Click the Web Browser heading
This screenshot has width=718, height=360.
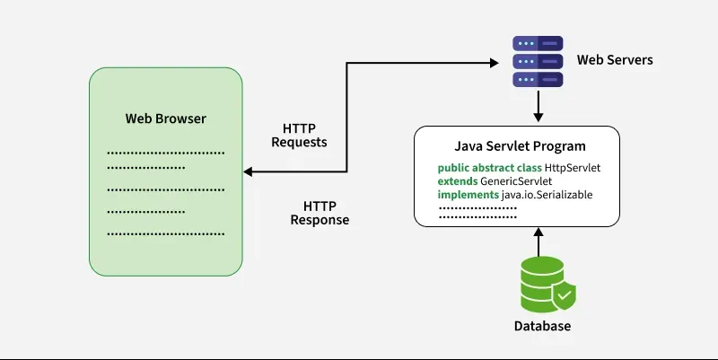pyautogui.click(x=165, y=119)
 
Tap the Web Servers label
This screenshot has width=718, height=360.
pyautogui.click(x=614, y=60)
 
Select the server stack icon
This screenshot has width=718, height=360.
pyautogui.click(x=537, y=61)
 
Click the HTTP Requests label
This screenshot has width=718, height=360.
pyautogui.click(x=299, y=135)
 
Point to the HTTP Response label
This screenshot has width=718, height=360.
pyautogui.click(x=320, y=213)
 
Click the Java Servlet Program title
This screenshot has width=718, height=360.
pyautogui.click(x=520, y=145)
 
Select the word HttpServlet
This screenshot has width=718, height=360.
pyautogui.click(x=566, y=168)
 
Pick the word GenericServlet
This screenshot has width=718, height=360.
pyautogui.click(x=516, y=181)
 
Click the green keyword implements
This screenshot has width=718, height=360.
pyautogui.click(x=468, y=195)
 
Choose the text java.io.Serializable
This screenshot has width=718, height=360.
pyautogui.click(x=547, y=195)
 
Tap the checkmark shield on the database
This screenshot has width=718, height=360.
pyautogui.click(x=564, y=294)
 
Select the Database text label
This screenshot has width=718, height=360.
pyautogui.click(x=542, y=326)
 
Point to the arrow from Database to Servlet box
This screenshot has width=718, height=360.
pyautogui.click(x=538, y=242)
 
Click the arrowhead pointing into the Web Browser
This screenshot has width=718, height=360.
pyautogui.click(x=249, y=172)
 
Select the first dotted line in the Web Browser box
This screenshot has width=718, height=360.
pyautogui.click(x=165, y=153)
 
